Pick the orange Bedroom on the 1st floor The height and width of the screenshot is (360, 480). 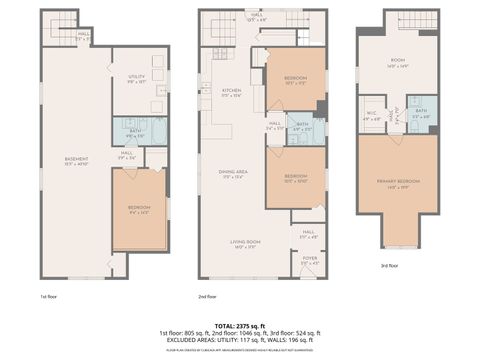click(139, 210)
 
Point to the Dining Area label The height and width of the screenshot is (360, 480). click(232, 174)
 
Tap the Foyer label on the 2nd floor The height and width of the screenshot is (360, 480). click(308, 262)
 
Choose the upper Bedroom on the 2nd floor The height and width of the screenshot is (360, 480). click(296, 80)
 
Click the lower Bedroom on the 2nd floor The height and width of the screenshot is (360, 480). click(296, 179)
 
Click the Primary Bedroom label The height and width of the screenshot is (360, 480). click(398, 183)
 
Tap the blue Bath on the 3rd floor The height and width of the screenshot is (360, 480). click(421, 114)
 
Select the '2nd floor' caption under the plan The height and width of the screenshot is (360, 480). click(208, 297)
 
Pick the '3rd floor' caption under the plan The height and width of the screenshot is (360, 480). click(390, 266)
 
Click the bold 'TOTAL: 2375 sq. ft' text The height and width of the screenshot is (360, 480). click(240, 325)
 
